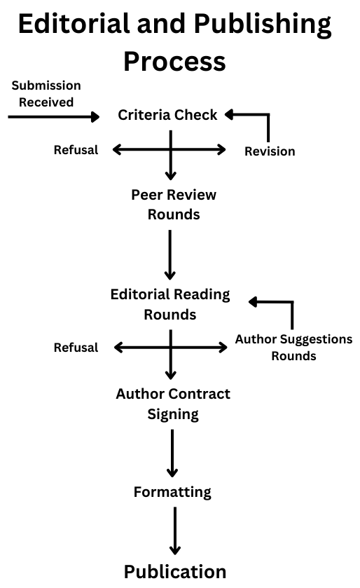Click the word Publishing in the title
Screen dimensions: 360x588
click(263, 25)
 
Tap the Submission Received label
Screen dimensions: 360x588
click(46, 94)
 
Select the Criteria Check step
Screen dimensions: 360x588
click(167, 115)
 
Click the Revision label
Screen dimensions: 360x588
click(270, 151)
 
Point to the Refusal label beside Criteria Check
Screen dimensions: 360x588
click(76, 150)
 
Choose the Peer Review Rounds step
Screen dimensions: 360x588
click(174, 205)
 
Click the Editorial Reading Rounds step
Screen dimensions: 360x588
click(170, 304)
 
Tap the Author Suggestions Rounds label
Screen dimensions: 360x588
click(293, 347)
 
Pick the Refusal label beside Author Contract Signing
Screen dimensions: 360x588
click(76, 348)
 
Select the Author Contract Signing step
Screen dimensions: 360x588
click(173, 404)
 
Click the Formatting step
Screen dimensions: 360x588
click(172, 492)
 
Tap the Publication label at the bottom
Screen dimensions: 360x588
click(175, 572)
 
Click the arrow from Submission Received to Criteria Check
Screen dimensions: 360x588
click(54, 117)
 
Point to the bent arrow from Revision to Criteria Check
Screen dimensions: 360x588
click(268, 115)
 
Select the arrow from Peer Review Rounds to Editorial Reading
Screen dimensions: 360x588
click(170, 255)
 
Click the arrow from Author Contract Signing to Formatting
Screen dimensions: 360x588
click(172, 453)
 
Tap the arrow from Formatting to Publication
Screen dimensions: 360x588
click(175, 531)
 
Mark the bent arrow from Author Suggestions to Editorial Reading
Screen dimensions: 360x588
click(292, 302)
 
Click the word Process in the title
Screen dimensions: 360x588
click(175, 62)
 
